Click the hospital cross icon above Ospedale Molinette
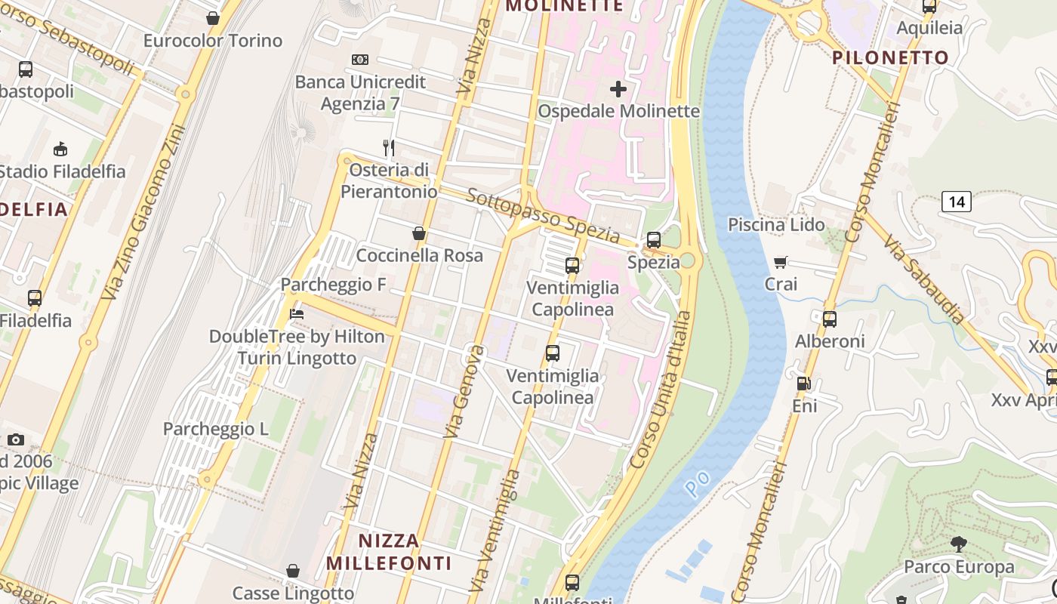coord(618,89)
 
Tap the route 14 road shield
coord(956,202)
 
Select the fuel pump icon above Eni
coord(804,384)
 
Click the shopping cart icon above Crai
coord(781,262)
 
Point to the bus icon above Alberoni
coord(830,319)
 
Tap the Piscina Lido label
coord(776,224)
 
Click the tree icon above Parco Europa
coord(959,544)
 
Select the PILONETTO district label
coord(880,58)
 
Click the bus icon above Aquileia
coord(929,7)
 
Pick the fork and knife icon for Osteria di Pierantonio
coord(389,147)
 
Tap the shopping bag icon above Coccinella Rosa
coord(419,234)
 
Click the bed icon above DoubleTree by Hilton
coord(297,314)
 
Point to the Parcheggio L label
coord(216,429)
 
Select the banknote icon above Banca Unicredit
coord(360,60)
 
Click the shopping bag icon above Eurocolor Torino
coord(213,18)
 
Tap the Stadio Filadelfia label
coord(62,171)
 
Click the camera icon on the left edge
coord(15,439)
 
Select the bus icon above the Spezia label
coord(653,240)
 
